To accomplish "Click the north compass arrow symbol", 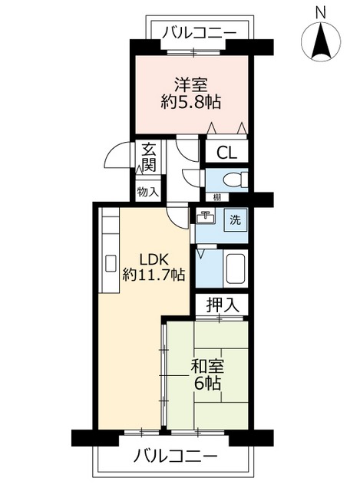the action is pyautogui.click(x=321, y=42).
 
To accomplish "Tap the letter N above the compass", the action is pyautogui.click(x=321, y=13).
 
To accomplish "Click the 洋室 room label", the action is pyautogui.click(x=191, y=85).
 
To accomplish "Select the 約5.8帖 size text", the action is pyautogui.click(x=191, y=102).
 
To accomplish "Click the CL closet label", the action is pyautogui.click(x=227, y=153).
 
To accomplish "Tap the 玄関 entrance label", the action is pyautogui.click(x=149, y=157).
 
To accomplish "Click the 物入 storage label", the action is pyautogui.click(x=148, y=192).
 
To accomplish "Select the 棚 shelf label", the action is pyautogui.click(x=216, y=197).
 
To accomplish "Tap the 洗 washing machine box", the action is pyautogui.click(x=236, y=220).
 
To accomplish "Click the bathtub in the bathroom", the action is pyautogui.click(x=235, y=269).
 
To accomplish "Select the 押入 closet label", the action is pyautogui.click(x=223, y=305).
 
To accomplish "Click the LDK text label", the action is pyautogui.click(x=154, y=260).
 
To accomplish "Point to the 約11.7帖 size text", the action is pyautogui.click(x=154, y=275).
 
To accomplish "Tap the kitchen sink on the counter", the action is pyautogui.click(x=111, y=264).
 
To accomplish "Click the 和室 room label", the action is pyautogui.click(x=207, y=367).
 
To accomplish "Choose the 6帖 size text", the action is pyautogui.click(x=207, y=384).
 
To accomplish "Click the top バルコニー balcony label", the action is pyautogui.click(x=200, y=32).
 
